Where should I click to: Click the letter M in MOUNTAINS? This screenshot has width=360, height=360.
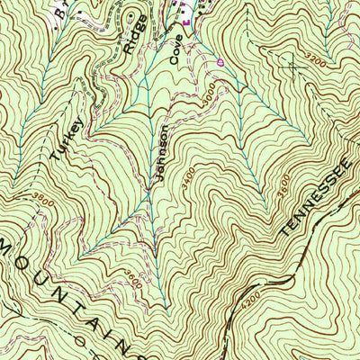pyautogui.click(x=7, y=246)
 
